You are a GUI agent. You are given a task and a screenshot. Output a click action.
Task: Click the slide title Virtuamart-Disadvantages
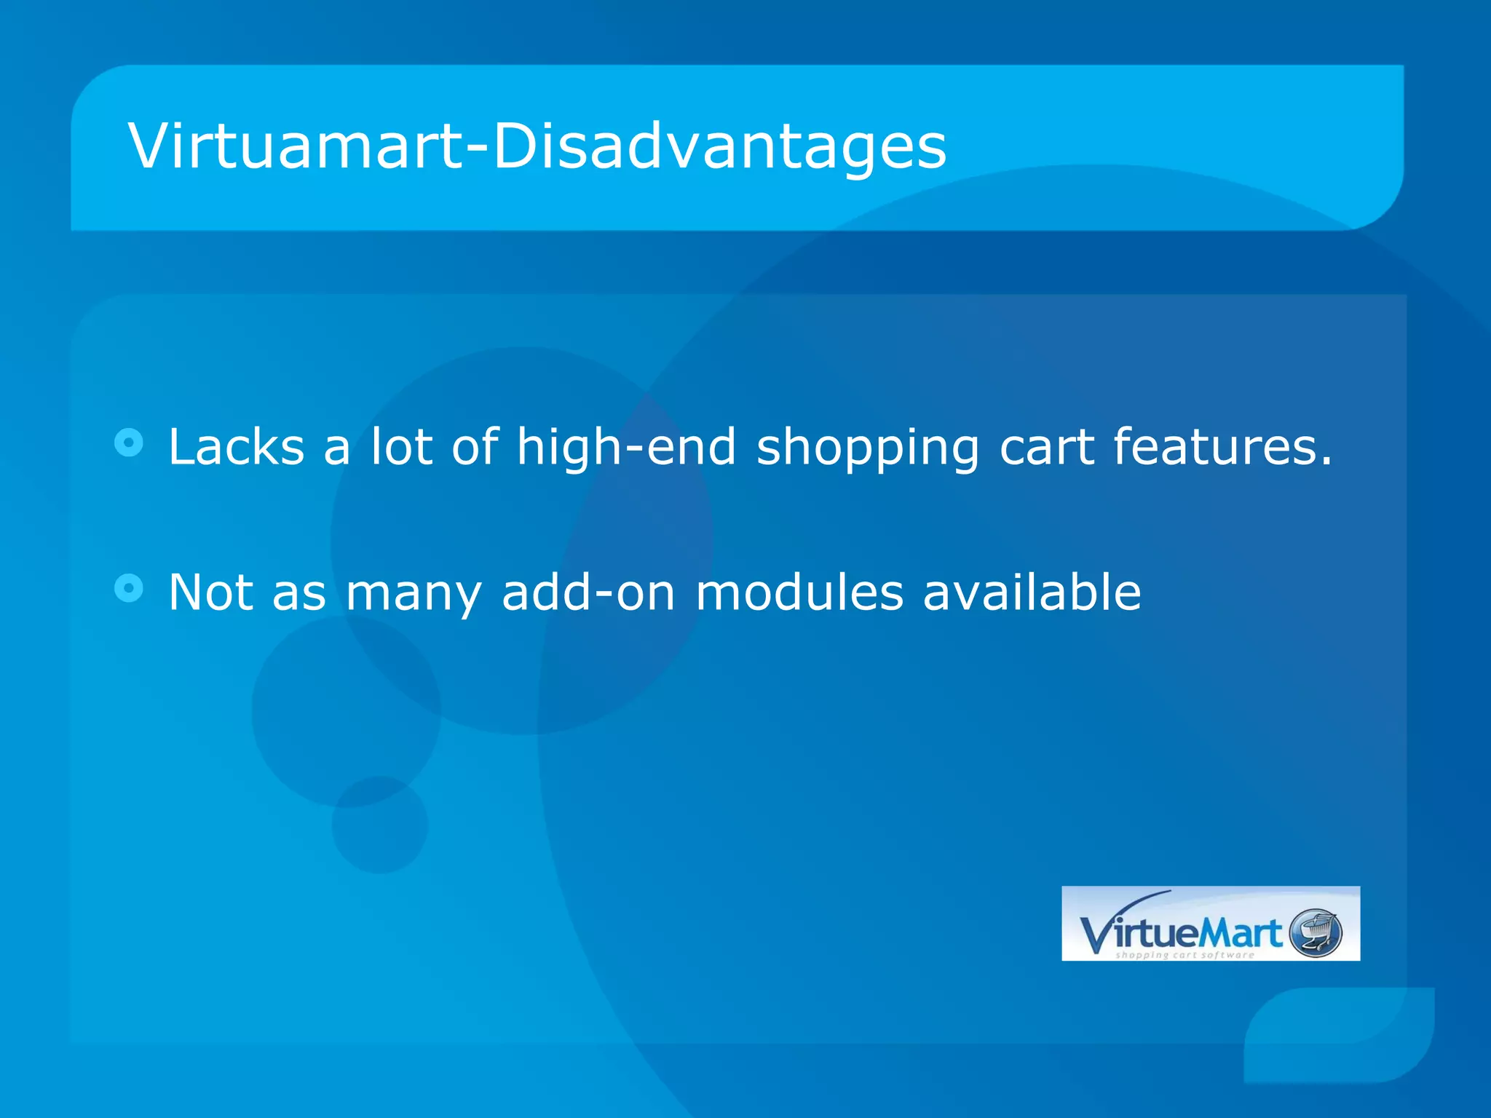click(537, 147)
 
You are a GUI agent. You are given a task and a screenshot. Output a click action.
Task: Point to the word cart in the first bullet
click(1046, 448)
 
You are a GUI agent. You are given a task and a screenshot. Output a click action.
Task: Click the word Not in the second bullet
click(211, 592)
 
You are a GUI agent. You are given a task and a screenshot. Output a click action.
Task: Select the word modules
click(799, 592)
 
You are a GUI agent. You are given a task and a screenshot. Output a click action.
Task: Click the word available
click(1032, 592)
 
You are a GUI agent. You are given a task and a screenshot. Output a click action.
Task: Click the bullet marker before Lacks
click(130, 442)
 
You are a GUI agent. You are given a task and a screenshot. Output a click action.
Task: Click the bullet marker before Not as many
click(130, 587)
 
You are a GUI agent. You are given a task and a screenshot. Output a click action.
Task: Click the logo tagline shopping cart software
click(1185, 955)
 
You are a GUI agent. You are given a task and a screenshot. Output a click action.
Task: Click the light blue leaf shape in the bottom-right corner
click(1340, 1034)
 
